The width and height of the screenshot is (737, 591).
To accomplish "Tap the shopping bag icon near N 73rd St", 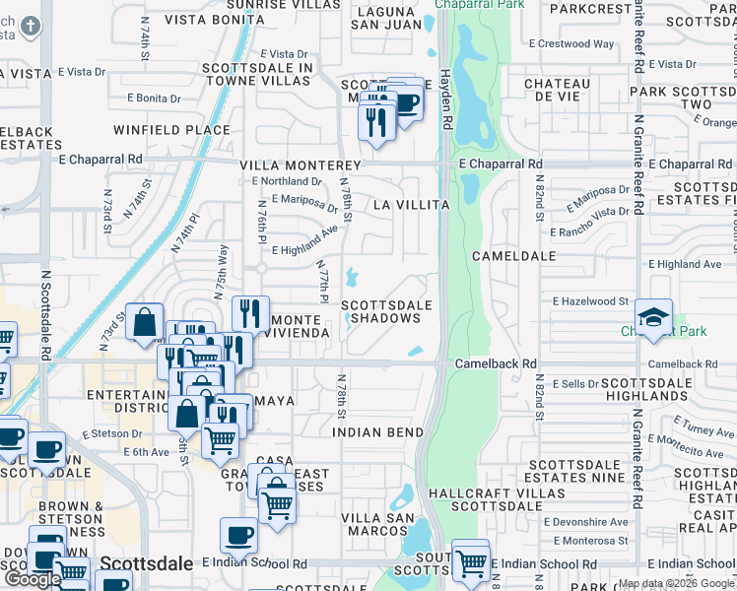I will click(144, 321).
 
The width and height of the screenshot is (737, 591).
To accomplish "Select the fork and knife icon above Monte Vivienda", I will click(250, 314).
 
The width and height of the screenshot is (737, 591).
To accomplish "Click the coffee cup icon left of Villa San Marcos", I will click(238, 536).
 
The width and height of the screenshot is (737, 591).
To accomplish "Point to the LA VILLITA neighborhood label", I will click(412, 205).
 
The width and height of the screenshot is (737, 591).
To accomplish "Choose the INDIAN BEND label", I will click(377, 432).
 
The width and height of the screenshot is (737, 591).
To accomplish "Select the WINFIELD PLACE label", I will click(171, 130).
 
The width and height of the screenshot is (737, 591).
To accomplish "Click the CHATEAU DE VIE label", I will click(557, 91).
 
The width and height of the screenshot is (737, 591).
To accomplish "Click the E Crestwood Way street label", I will click(571, 44).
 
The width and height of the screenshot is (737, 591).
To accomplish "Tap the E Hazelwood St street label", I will click(590, 300).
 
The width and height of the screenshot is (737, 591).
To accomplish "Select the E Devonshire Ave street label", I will click(591, 522).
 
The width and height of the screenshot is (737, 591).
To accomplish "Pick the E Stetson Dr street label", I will click(112, 432).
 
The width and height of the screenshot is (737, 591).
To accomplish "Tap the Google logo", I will click(33, 580).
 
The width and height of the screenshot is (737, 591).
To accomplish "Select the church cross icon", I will click(31, 26).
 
